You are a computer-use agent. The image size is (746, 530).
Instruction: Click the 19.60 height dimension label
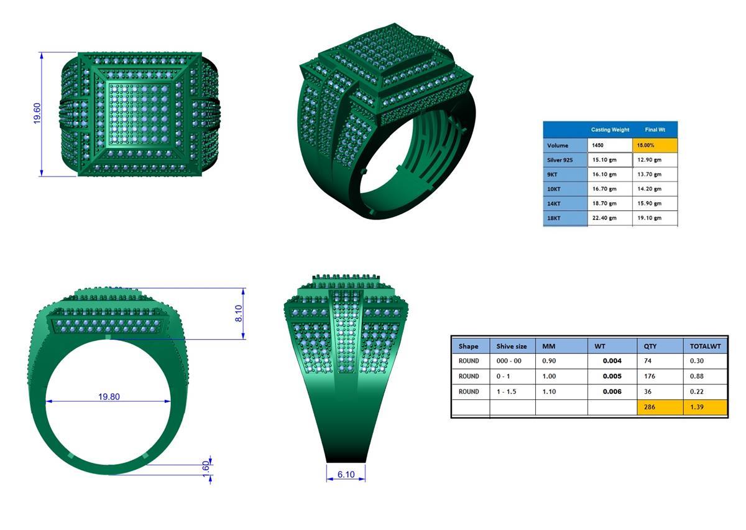coord(37,114)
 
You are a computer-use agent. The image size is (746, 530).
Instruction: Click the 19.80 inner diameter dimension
coord(109,396)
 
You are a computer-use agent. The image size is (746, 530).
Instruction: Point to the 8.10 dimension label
coord(238,314)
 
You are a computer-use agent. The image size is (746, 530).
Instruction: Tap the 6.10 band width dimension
coord(346,475)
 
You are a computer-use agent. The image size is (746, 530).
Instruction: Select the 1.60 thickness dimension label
coord(206,468)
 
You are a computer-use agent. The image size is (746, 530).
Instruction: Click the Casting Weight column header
coord(610,130)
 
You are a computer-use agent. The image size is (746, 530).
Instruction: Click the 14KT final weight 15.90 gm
coord(650,203)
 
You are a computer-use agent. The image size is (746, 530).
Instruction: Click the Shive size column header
coord(512,346)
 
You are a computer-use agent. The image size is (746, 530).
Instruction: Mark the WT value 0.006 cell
coord(612,392)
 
